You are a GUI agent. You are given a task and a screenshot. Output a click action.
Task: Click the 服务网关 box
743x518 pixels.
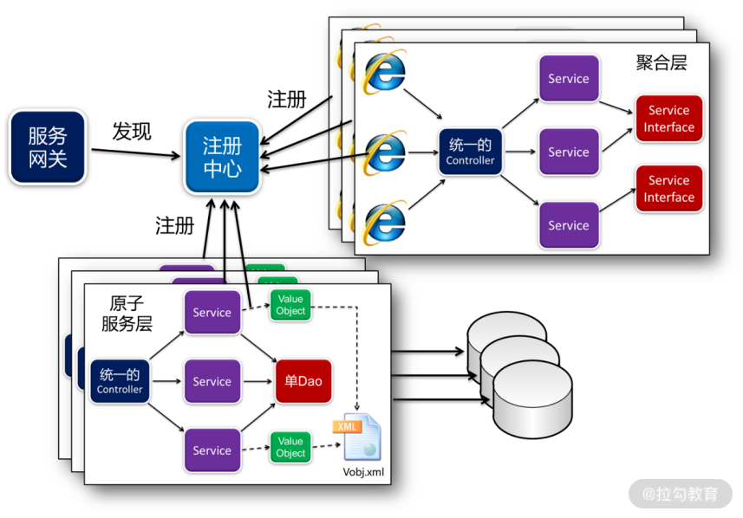coord(48,146)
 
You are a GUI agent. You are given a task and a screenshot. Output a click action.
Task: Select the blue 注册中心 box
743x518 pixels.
coord(222,156)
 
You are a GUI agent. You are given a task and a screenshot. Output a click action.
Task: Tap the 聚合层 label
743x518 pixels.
coord(661,63)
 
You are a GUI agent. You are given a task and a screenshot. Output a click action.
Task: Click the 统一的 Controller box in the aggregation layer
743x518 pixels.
coord(470,152)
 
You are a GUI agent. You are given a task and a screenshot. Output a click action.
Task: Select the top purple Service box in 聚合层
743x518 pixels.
coord(568,79)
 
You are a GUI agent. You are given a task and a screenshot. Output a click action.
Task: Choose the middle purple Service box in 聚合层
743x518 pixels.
coord(568,152)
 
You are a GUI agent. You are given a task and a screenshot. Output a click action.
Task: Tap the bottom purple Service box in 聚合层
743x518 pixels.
coord(568,225)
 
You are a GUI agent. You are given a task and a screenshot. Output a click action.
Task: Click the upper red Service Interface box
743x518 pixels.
coord(668,119)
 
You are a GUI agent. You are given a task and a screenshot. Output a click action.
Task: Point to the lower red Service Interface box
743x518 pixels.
coord(668,189)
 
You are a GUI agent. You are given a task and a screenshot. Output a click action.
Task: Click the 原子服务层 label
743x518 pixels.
coord(127,314)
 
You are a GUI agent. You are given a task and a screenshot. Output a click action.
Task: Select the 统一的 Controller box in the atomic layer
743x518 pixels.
coord(120,381)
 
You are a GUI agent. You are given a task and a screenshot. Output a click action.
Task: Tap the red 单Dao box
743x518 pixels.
coord(303,381)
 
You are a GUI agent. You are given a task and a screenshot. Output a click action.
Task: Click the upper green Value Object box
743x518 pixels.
coord(290,305)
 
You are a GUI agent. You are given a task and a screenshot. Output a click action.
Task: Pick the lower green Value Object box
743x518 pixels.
coord(290,447)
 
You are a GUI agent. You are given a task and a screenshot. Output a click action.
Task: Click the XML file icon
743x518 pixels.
coord(356,437)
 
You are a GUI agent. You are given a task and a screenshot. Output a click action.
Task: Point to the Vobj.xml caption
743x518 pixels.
coord(362,473)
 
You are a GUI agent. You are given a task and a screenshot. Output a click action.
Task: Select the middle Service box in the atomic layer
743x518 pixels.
coord(212,381)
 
